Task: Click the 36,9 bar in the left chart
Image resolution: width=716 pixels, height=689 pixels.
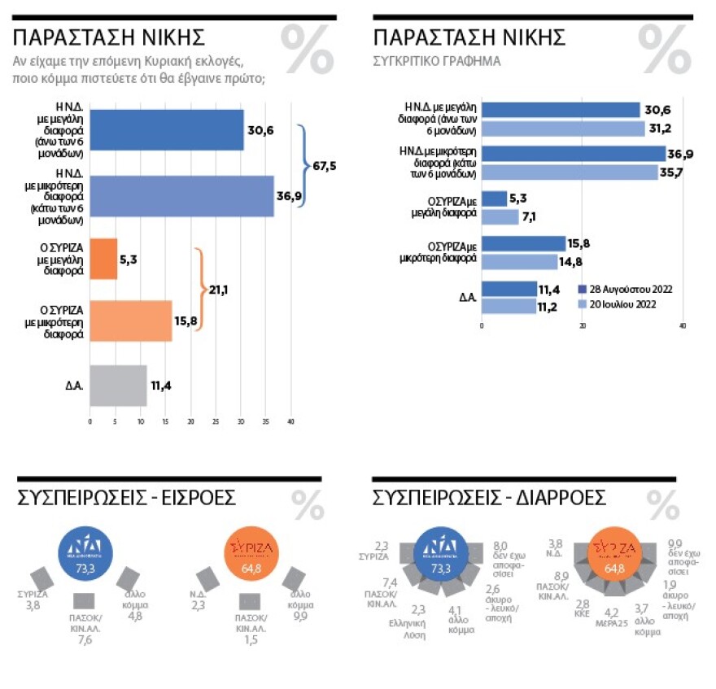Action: pos(181,195)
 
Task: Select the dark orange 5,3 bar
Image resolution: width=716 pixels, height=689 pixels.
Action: pos(103,259)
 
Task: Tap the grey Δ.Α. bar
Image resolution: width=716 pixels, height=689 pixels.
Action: pos(118,386)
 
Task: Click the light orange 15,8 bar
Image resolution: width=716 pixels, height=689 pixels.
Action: pos(130,321)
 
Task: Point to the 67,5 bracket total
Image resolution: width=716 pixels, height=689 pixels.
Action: pos(325,166)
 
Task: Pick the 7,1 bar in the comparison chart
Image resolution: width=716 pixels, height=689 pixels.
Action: pos(500,216)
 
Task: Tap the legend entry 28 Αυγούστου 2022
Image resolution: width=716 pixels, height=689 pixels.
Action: pos(625,289)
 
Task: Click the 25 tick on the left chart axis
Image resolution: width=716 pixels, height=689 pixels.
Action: pos(216,422)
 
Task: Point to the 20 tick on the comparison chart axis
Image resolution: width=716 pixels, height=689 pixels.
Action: pos(583,326)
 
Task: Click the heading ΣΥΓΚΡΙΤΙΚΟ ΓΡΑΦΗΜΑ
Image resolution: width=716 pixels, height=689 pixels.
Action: pos(437,61)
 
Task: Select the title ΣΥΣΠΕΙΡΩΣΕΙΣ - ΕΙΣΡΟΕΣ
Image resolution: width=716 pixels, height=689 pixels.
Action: pos(126,498)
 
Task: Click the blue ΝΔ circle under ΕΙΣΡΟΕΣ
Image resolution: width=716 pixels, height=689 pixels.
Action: pos(85,556)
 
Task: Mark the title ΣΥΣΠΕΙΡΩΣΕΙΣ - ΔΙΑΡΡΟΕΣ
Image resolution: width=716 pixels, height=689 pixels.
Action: pos(488,498)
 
